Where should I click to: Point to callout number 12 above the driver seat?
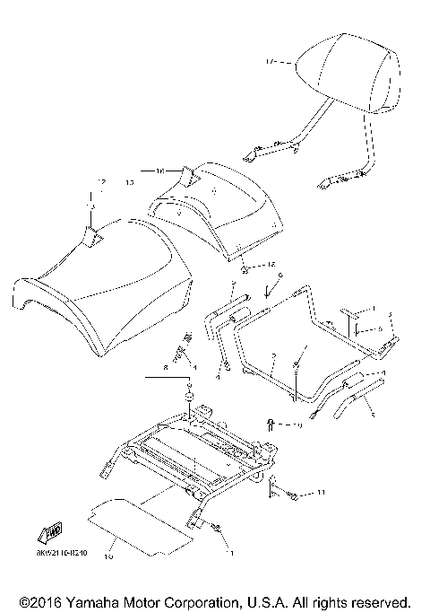(101, 182)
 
